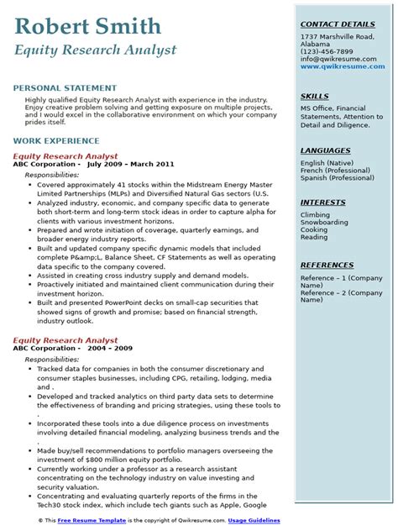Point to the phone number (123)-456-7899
[329, 52]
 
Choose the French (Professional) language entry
[335, 169]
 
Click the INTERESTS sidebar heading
[323, 203]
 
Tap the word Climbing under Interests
[316, 214]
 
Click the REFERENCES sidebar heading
[327, 265]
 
